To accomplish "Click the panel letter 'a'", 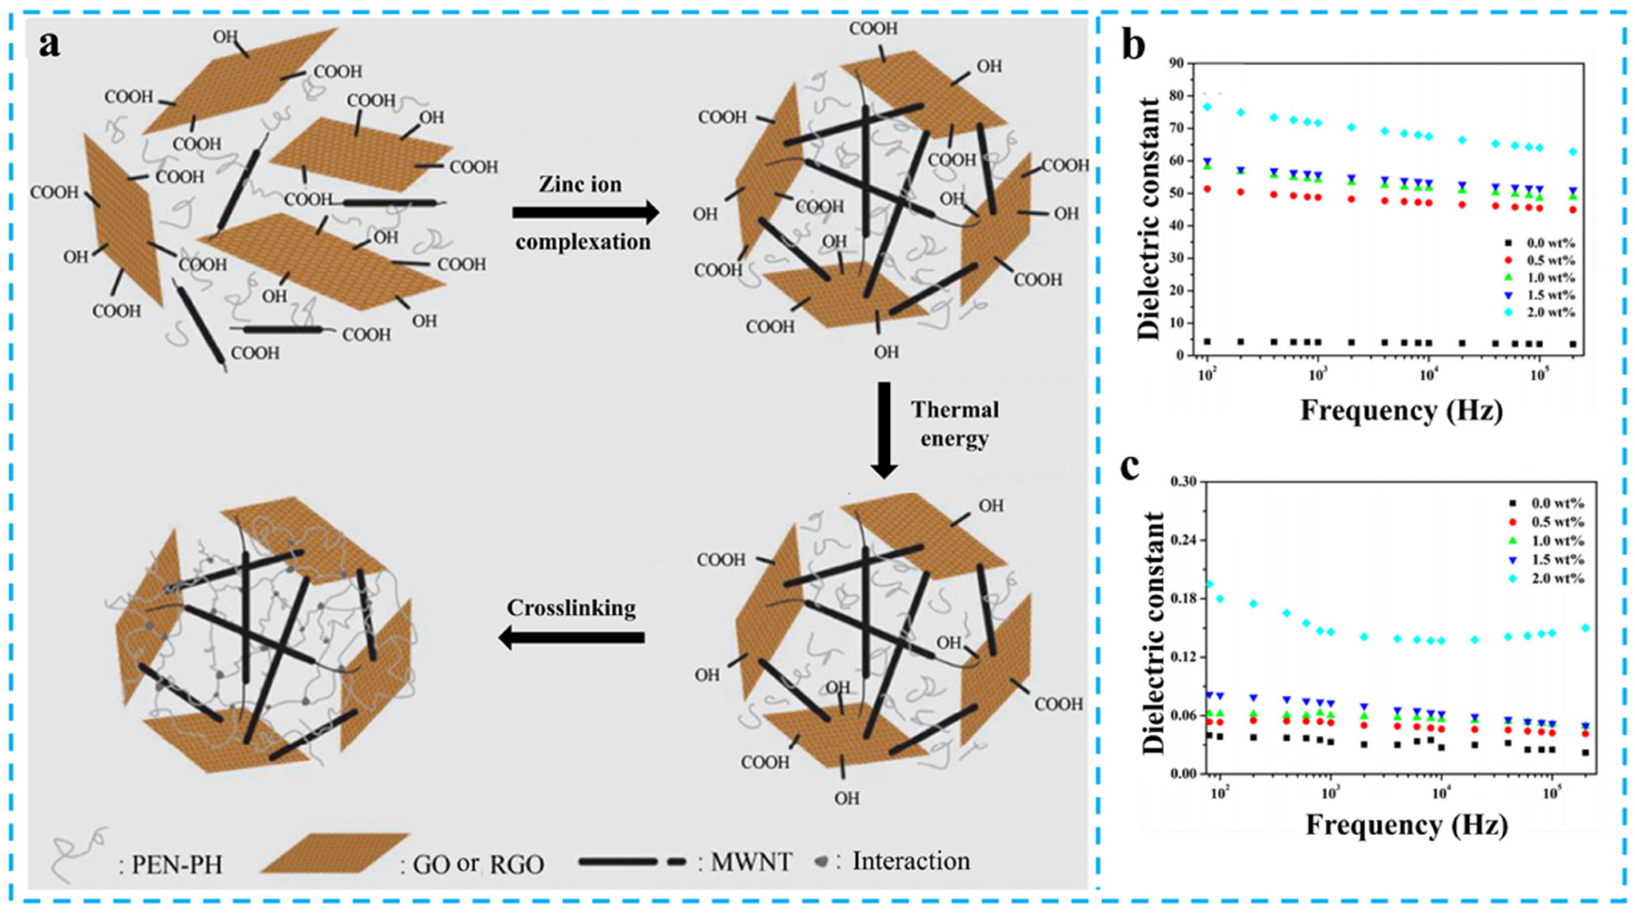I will coord(50,45).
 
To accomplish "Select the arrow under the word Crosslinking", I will coord(571,637).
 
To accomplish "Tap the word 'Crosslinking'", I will coord(571,608).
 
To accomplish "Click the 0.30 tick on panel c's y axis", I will coord(1182,482).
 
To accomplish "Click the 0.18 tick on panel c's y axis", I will coord(1182,599).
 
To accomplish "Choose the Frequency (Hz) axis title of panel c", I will coord(1406,825).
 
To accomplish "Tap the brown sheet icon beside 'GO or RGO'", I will coord(333,854).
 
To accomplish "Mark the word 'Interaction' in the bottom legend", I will coord(911,861).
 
